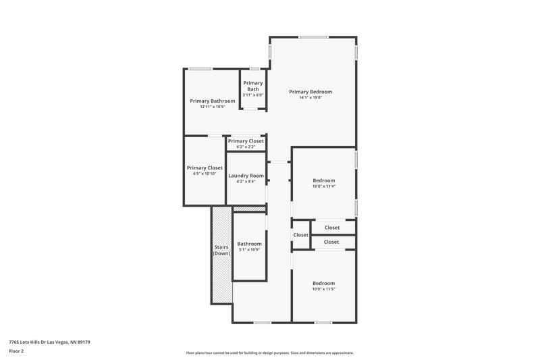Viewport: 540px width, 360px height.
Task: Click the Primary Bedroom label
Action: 310,91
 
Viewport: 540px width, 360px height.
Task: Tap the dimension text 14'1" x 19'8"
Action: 310,97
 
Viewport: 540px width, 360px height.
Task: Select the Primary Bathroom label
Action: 213,101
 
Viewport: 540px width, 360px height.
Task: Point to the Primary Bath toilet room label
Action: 253,86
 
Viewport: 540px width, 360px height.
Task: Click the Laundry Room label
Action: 246,176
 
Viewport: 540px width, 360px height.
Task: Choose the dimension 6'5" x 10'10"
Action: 205,174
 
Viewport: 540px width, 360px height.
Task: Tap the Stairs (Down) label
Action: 221,250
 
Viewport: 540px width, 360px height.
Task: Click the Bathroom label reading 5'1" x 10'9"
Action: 249,243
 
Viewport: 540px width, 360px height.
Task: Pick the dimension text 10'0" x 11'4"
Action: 324,186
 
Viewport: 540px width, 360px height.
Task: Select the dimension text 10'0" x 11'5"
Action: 324,289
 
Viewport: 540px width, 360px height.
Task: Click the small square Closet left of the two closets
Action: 300,235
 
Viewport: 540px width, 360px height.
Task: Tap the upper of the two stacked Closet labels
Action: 331,228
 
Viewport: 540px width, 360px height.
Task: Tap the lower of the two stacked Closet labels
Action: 331,242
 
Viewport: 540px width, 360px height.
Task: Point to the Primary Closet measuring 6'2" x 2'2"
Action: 245,141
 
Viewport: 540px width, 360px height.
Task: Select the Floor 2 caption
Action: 16,351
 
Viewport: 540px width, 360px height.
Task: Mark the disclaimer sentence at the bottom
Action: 269,353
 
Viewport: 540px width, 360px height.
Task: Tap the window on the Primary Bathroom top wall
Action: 200,69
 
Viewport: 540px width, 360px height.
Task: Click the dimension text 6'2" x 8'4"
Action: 246,182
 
